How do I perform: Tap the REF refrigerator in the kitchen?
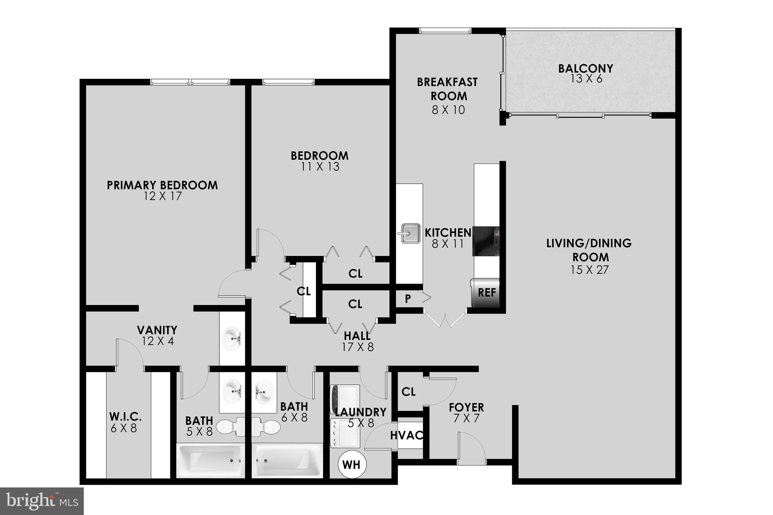486,293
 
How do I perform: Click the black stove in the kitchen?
486,241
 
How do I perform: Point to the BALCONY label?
585,69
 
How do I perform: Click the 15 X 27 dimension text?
590,270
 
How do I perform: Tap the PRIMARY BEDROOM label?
162,185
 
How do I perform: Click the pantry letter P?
408,299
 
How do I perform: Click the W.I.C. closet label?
125,417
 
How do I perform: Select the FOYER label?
466,408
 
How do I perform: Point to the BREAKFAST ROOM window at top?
445,31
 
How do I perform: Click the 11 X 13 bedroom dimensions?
320,167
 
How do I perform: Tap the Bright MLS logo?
42,501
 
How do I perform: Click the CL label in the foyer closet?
408,392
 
